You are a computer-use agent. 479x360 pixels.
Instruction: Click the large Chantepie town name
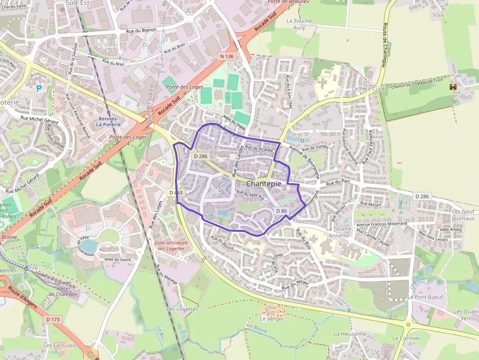click(264, 184)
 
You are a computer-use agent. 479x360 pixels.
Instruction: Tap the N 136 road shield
click(227, 57)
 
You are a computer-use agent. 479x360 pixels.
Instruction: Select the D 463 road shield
click(176, 192)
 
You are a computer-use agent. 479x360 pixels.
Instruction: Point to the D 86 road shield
click(281, 211)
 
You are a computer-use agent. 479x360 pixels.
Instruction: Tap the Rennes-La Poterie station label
click(108, 122)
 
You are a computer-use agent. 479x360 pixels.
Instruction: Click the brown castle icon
click(453, 87)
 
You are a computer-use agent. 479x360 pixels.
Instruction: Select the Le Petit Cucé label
click(369, 89)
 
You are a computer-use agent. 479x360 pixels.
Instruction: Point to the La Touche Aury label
click(299, 24)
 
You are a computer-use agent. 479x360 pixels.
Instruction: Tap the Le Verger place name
click(272, 318)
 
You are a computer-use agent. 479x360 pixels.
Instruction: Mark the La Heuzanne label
click(349, 334)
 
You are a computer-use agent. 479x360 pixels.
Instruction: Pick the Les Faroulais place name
click(59, 345)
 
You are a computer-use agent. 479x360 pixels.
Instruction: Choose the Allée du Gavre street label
click(118, 260)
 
